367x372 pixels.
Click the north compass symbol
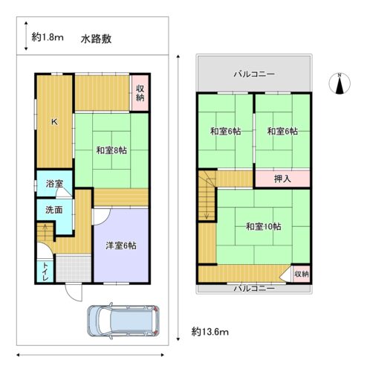point(340,83)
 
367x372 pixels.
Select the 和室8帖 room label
point(111,150)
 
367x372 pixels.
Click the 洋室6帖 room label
point(120,246)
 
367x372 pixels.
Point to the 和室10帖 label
point(264,227)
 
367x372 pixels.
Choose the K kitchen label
point(53,121)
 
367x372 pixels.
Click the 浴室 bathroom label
point(53,183)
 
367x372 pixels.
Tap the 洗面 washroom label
point(53,210)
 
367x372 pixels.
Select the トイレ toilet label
point(45,271)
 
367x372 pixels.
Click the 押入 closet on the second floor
point(282,179)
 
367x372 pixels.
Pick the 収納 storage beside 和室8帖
point(140,94)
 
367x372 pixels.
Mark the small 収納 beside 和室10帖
point(300,274)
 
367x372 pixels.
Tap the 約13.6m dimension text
point(209,331)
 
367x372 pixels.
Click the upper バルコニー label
point(254,74)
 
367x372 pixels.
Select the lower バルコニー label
point(254,287)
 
